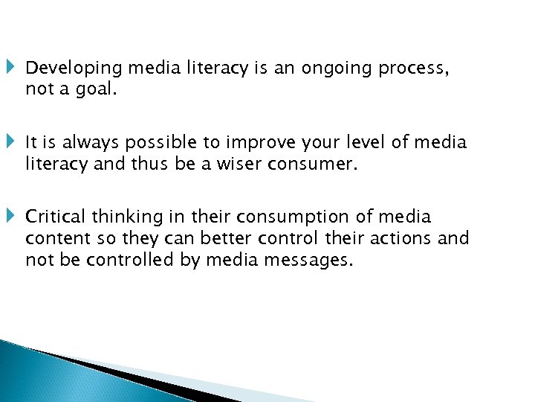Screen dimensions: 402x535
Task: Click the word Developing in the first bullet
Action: click(74, 68)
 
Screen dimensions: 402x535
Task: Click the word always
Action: click(85, 142)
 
